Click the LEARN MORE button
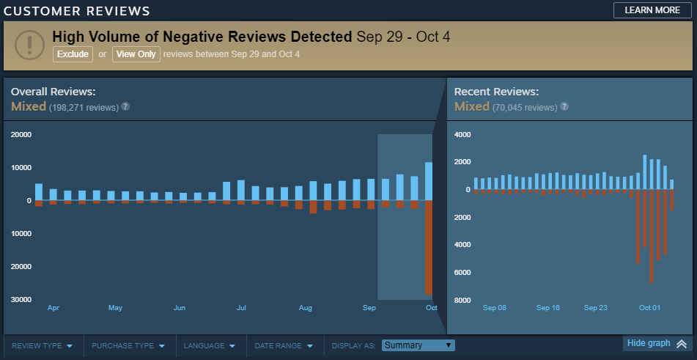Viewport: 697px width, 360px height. [652, 10]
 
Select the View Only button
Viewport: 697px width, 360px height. [136, 54]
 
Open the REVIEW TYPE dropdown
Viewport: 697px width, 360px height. [43, 345]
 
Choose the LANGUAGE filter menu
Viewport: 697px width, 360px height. [210, 345]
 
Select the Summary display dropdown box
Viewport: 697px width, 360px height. [418, 345]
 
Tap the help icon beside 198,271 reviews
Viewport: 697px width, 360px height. [125, 107]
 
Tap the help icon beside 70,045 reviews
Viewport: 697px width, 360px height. [564, 107]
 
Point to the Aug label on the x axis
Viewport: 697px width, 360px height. [306, 308]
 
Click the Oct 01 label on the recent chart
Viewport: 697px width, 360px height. [649, 308]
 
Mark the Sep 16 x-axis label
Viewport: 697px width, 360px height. [547, 308]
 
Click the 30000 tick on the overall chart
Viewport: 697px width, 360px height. [21, 300]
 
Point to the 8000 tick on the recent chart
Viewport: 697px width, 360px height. [462, 300]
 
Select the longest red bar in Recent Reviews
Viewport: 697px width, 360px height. [652, 236]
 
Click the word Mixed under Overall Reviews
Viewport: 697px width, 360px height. [29, 106]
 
